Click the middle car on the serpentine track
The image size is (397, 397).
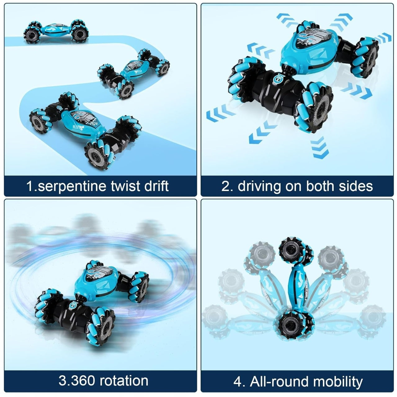[133, 74]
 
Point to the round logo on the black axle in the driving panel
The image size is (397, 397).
[279, 79]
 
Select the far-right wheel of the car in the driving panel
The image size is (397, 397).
[365, 57]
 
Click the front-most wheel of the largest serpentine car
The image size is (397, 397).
[100, 154]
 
